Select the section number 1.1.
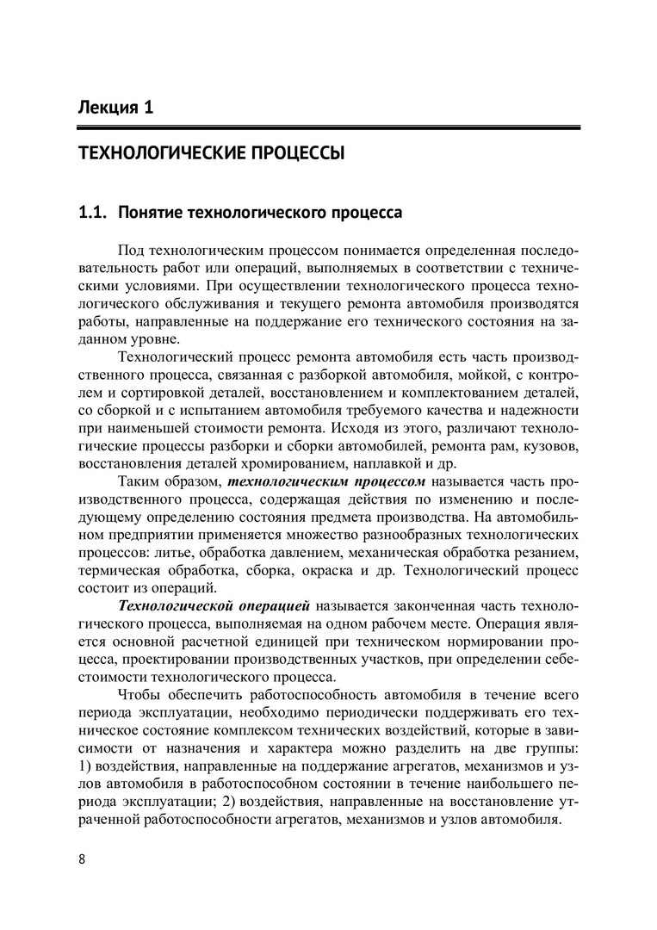tap(90, 211)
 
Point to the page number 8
tap(81, 859)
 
